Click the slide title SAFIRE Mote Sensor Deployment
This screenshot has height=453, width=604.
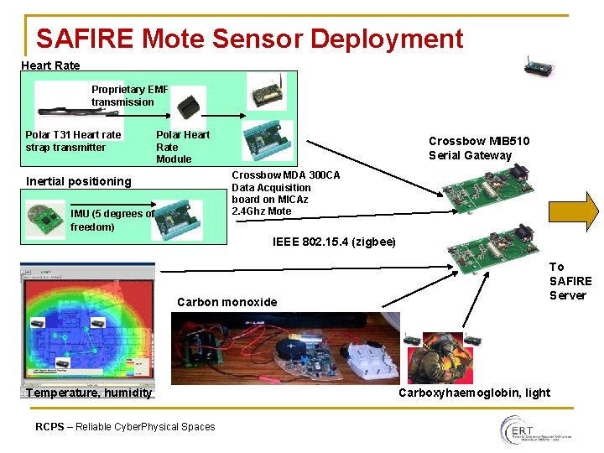(x=249, y=39)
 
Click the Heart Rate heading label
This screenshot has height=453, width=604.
(x=50, y=65)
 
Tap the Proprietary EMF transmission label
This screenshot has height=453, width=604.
(x=129, y=96)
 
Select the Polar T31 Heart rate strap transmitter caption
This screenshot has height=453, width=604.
(x=73, y=141)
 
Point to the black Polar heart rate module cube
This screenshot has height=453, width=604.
(x=192, y=104)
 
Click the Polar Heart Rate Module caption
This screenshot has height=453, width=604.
(x=182, y=147)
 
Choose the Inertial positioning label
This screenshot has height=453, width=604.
(x=79, y=181)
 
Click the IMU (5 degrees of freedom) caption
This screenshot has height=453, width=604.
(x=112, y=220)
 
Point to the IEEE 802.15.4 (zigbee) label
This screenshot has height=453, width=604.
(x=334, y=242)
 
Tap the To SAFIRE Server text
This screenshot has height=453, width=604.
(x=570, y=281)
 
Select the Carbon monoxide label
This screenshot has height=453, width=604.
(x=226, y=302)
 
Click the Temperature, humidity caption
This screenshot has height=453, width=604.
(x=89, y=393)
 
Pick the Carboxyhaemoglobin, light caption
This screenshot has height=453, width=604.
(x=474, y=393)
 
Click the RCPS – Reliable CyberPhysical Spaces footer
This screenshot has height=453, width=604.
(x=125, y=427)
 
